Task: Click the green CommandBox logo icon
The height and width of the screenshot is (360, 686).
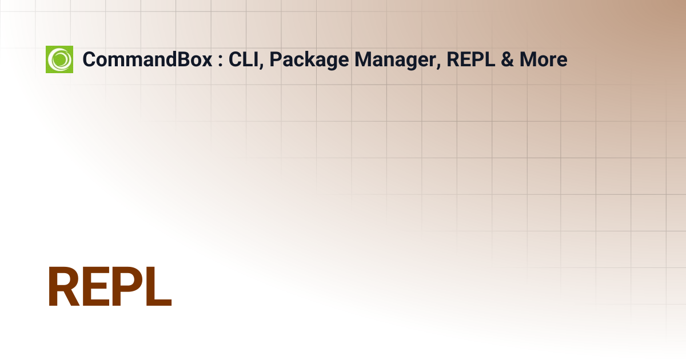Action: (x=59, y=59)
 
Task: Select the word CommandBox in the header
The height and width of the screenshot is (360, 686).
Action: (x=147, y=59)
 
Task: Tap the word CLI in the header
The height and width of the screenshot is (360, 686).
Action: (x=243, y=59)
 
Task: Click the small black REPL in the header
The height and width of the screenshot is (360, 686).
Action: (x=470, y=59)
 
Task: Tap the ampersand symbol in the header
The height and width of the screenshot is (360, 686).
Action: (x=507, y=59)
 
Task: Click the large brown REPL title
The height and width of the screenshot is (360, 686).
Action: (x=110, y=286)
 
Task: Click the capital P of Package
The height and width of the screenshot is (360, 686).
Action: (x=276, y=59)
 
